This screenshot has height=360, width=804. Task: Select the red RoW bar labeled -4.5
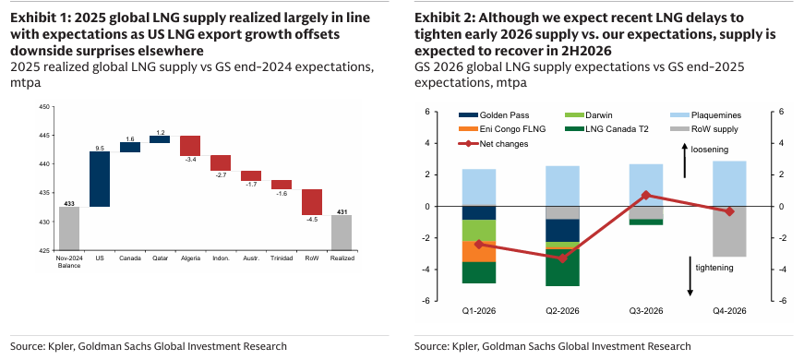[312, 202]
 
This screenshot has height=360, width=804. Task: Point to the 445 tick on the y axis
[42, 136]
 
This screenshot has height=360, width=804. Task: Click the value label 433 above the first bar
[69, 202]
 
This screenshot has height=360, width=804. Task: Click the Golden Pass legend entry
[498, 115]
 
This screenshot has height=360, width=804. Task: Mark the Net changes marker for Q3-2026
[646, 195]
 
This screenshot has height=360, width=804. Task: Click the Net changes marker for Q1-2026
[478, 245]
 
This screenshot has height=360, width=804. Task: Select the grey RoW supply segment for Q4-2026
[729, 231]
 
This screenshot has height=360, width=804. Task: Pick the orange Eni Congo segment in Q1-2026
[478, 251]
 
